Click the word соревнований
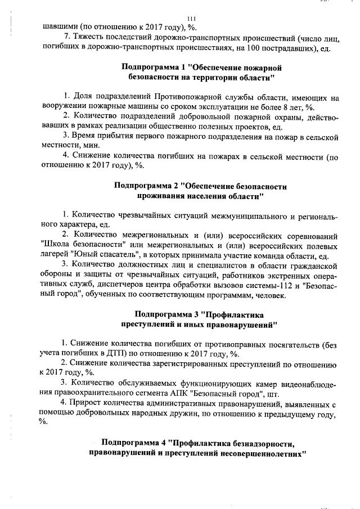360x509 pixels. (309, 235)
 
